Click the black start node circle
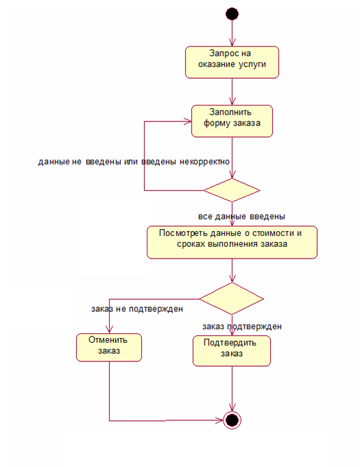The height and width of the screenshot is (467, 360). tap(232, 14)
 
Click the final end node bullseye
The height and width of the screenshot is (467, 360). tap(232, 420)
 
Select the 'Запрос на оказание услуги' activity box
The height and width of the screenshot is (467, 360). tap(232, 62)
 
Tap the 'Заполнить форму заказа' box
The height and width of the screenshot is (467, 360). tap(232, 121)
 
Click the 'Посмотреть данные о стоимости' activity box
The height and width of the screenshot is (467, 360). tap(232, 242)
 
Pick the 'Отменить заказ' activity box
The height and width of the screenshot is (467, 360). tap(109, 347)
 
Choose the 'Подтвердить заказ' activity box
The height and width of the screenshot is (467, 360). tap(232, 351)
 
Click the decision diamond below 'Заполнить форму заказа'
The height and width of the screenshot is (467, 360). tap(232, 190)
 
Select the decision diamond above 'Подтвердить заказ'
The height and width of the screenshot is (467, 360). tap(231, 298)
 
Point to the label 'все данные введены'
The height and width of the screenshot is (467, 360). tap(241, 217)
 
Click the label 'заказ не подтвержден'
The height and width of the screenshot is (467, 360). tap(137, 309)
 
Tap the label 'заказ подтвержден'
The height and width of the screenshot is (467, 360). tap(242, 326)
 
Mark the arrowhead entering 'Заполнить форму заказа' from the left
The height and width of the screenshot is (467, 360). tap(188, 121)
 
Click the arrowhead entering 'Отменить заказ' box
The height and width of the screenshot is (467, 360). tap(109, 329)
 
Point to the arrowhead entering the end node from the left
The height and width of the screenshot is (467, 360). tap(219, 420)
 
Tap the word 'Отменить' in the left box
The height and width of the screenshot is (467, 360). tap(108, 340)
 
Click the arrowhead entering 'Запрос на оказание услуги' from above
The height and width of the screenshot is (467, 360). tap(232, 43)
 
